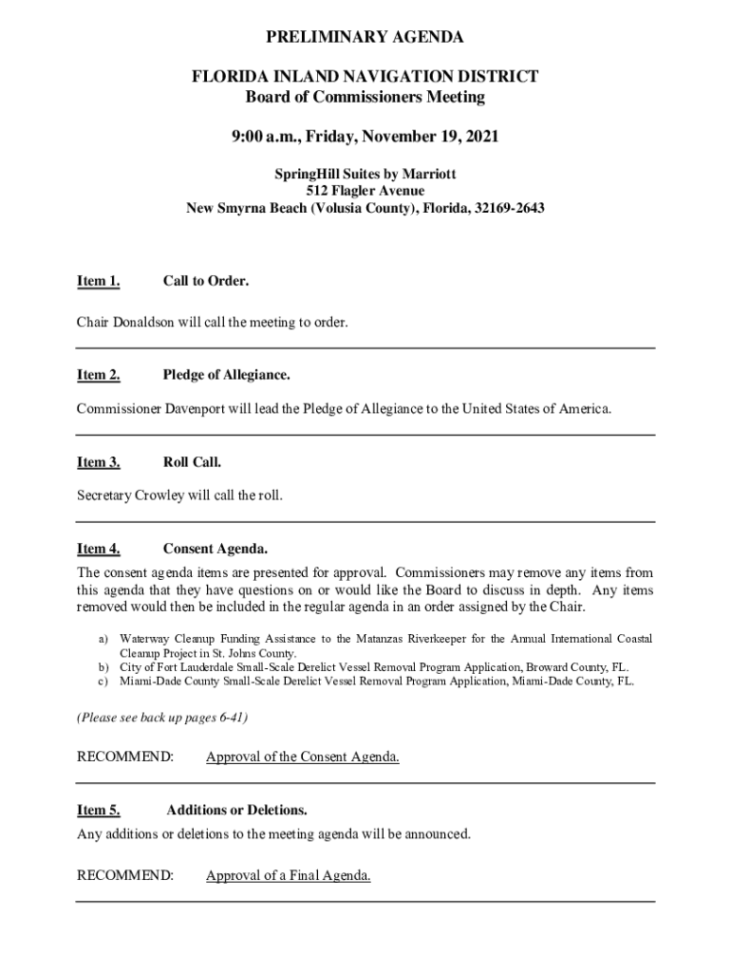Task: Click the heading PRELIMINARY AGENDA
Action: pyautogui.click(x=365, y=38)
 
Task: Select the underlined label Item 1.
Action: pyautogui.click(x=98, y=281)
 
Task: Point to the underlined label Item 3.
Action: pyautogui.click(x=98, y=462)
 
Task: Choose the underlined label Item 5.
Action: pyautogui.click(x=98, y=810)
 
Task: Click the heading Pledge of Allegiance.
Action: pyautogui.click(x=226, y=375)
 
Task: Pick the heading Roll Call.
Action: pyautogui.click(x=192, y=462)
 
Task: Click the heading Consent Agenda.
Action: pyautogui.click(x=215, y=549)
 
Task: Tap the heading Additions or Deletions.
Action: pyautogui.click(x=236, y=810)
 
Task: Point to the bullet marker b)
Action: pyautogui.click(x=103, y=667)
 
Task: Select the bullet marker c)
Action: pyautogui.click(x=103, y=681)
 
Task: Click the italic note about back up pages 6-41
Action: pyautogui.click(x=162, y=718)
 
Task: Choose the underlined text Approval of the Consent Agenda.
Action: pyautogui.click(x=302, y=757)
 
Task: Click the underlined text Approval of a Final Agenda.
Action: pyautogui.click(x=288, y=875)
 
